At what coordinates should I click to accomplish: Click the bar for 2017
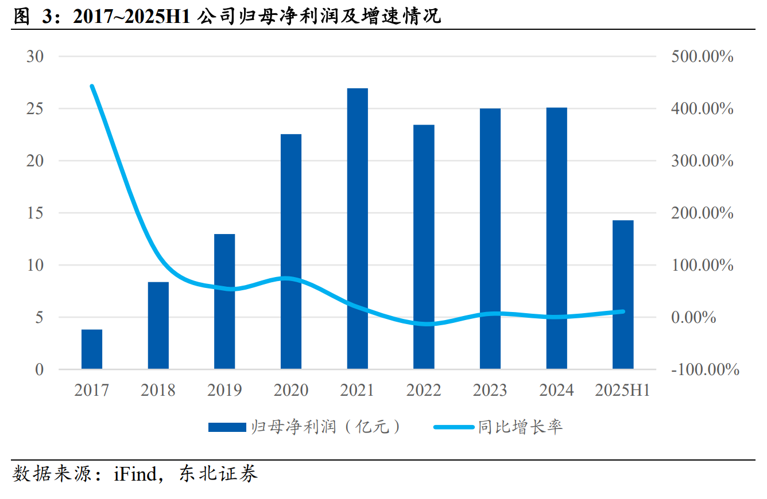[x=92, y=349]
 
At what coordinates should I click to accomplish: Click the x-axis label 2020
[x=290, y=391]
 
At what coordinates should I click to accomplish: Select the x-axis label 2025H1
[x=623, y=391]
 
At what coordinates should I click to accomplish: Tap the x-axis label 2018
[x=158, y=391]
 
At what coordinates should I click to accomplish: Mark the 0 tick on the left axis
[x=39, y=370]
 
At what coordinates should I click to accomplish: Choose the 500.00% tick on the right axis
[x=702, y=57]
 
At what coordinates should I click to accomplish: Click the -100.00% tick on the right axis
[x=705, y=370]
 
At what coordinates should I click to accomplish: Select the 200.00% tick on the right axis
[x=702, y=213]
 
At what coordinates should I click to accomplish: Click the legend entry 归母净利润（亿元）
[x=304, y=427]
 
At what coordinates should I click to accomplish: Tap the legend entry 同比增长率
[x=497, y=427]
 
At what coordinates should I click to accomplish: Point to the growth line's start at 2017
[x=92, y=87]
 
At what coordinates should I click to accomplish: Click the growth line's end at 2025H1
[x=623, y=311]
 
